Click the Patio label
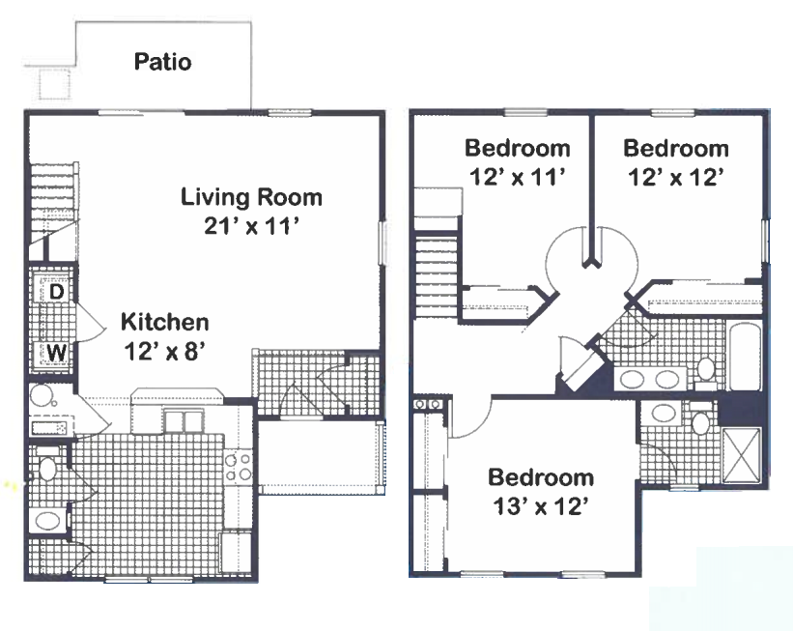tap(163, 62)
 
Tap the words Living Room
tap(251, 197)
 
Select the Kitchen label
tap(165, 322)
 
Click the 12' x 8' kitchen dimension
tap(164, 351)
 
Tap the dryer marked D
tap(57, 292)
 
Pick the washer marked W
tap(56, 352)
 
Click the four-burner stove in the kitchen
tap(239, 467)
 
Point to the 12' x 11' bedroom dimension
tap(517, 177)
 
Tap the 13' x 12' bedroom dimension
tap(540, 506)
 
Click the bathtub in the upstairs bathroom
tap(744, 357)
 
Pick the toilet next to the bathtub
tap(705, 368)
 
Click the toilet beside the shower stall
tap(700, 420)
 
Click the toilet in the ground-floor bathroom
tap(47, 468)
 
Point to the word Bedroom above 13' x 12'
tap(541, 477)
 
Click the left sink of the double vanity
tap(632, 379)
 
